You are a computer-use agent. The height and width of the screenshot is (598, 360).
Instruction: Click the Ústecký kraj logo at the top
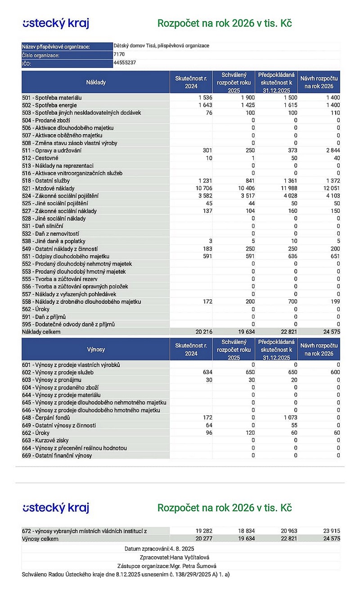[56, 23]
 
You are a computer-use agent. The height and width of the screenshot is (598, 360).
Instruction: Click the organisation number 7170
[120, 54]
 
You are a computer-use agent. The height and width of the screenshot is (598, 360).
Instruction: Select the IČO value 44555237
[125, 63]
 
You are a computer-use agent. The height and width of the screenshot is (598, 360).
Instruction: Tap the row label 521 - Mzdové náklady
[49, 188]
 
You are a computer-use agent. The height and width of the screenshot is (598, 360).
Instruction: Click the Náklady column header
[96, 82]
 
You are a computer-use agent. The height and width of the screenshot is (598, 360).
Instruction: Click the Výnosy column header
[96, 349]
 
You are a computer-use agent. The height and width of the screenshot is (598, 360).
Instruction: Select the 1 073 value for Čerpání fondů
[288, 418]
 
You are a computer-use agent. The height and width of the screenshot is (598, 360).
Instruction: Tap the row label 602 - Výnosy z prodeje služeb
[58, 372]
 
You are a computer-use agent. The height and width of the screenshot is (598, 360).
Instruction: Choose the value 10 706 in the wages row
[202, 188]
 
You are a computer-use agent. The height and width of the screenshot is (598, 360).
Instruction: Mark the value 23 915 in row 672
[331, 531]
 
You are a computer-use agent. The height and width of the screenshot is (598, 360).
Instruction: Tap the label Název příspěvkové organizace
[56, 47]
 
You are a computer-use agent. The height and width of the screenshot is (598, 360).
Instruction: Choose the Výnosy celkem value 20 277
[202, 539]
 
